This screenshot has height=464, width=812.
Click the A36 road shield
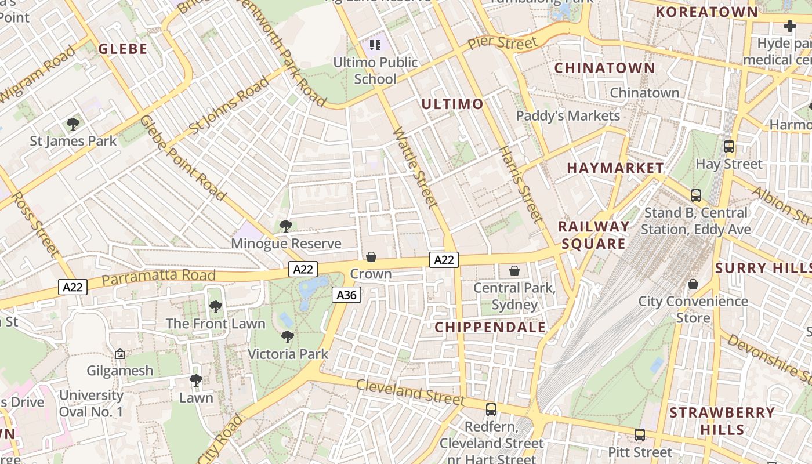(x=347, y=295)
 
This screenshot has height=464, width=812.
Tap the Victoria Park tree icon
(x=288, y=337)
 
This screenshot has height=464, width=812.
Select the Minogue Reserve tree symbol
(x=285, y=226)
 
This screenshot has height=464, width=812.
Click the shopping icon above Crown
(x=371, y=257)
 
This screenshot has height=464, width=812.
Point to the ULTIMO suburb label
(x=452, y=104)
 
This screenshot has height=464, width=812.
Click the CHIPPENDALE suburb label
(x=490, y=327)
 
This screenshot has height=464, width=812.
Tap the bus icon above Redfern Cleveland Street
(x=491, y=409)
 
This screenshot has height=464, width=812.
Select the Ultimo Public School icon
(x=375, y=45)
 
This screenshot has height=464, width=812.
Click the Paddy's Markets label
(x=568, y=115)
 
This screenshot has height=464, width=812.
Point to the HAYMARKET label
(x=615, y=168)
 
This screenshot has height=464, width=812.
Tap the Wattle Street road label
(x=415, y=168)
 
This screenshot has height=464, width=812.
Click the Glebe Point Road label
(x=183, y=158)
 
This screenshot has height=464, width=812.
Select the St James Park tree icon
(x=73, y=124)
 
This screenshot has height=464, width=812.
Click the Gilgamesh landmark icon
(x=120, y=354)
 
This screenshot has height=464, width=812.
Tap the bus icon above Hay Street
(x=729, y=147)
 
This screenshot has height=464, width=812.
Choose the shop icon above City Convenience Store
(x=693, y=284)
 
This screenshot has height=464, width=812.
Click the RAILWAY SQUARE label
(x=594, y=235)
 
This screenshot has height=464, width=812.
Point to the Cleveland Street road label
(x=410, y=393)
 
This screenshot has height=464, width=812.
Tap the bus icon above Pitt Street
(x=640, y=435)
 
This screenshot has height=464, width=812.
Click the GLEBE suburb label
(x=122, y=49)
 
